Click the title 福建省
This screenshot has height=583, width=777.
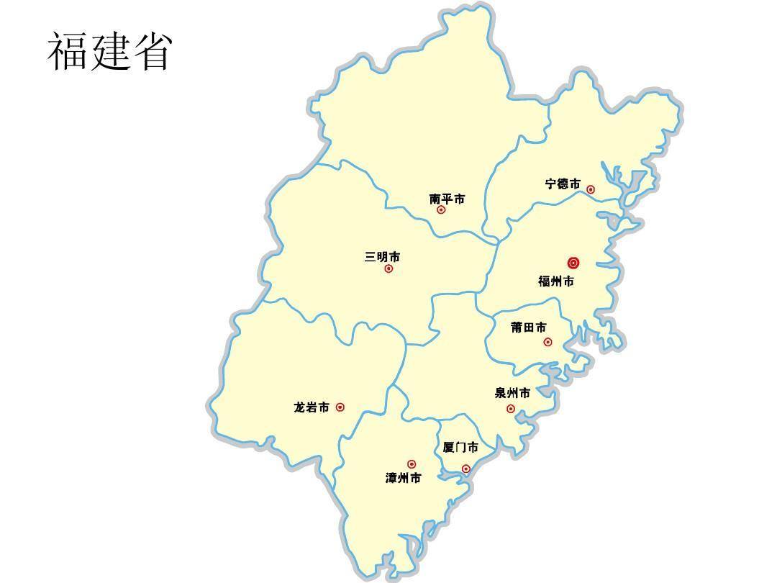109,51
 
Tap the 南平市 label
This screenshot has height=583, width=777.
447,199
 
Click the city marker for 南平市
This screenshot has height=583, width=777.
441,210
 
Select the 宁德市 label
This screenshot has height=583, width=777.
563,184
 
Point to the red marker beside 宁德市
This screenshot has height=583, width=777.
591,189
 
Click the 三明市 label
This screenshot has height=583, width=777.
382,257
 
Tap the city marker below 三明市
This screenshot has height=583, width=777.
388,268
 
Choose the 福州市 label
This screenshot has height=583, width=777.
556,281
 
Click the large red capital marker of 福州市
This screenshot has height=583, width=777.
573,263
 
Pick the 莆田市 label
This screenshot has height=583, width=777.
528,327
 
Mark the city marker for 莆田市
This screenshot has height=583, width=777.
547,342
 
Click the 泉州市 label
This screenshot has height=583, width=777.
512,393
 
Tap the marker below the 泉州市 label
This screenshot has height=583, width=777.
511,409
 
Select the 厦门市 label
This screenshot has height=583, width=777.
460,448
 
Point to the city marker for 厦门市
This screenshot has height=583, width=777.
465,469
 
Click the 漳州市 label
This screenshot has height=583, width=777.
403,478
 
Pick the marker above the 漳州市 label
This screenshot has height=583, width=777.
412,464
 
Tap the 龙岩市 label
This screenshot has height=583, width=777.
312,407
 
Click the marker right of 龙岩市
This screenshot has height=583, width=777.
340,407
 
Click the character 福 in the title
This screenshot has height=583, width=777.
68,51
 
